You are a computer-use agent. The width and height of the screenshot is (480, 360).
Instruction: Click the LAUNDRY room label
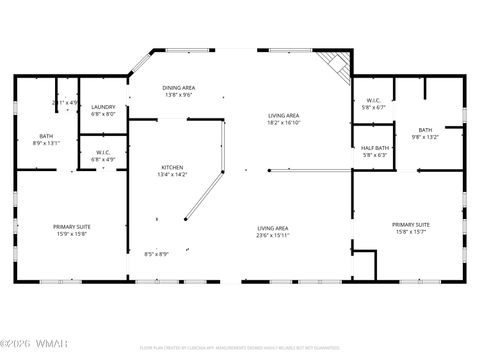(103, 107)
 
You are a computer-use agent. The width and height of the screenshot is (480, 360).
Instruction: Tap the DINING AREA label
(179, 88)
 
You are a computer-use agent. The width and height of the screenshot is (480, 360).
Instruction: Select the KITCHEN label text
(173, 167)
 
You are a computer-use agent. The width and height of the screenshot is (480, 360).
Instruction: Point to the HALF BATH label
(375, 148)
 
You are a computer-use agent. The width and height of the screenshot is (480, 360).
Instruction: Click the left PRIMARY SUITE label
(72, 227)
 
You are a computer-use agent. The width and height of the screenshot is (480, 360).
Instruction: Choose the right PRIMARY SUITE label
(411, 225)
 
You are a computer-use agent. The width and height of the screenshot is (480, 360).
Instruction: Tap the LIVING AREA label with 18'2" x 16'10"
(284, 116)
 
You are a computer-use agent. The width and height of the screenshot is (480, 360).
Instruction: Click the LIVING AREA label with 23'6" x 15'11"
(273, 228)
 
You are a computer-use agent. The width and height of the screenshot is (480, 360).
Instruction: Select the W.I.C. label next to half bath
(374, 100)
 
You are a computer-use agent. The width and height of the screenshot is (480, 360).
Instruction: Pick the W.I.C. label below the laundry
(103, 153)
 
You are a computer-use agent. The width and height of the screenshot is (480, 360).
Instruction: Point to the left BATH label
(46, 136)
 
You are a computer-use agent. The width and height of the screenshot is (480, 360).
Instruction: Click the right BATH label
(425, 130)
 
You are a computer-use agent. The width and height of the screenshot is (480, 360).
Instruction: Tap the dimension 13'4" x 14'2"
(173, 174)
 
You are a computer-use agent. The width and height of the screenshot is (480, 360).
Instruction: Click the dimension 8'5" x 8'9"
(156, 253)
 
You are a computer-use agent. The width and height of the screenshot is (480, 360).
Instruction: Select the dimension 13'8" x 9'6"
(179, 95)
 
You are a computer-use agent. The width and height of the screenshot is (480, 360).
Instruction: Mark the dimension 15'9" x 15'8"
(72, 234)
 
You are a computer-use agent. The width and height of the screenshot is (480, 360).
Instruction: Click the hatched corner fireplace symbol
(337, 67)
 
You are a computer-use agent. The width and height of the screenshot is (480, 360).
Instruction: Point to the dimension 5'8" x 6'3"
(375, 155)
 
